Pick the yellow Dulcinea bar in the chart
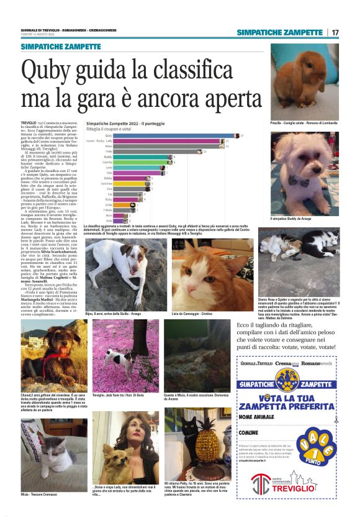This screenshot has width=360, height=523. [x=131, y=183]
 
